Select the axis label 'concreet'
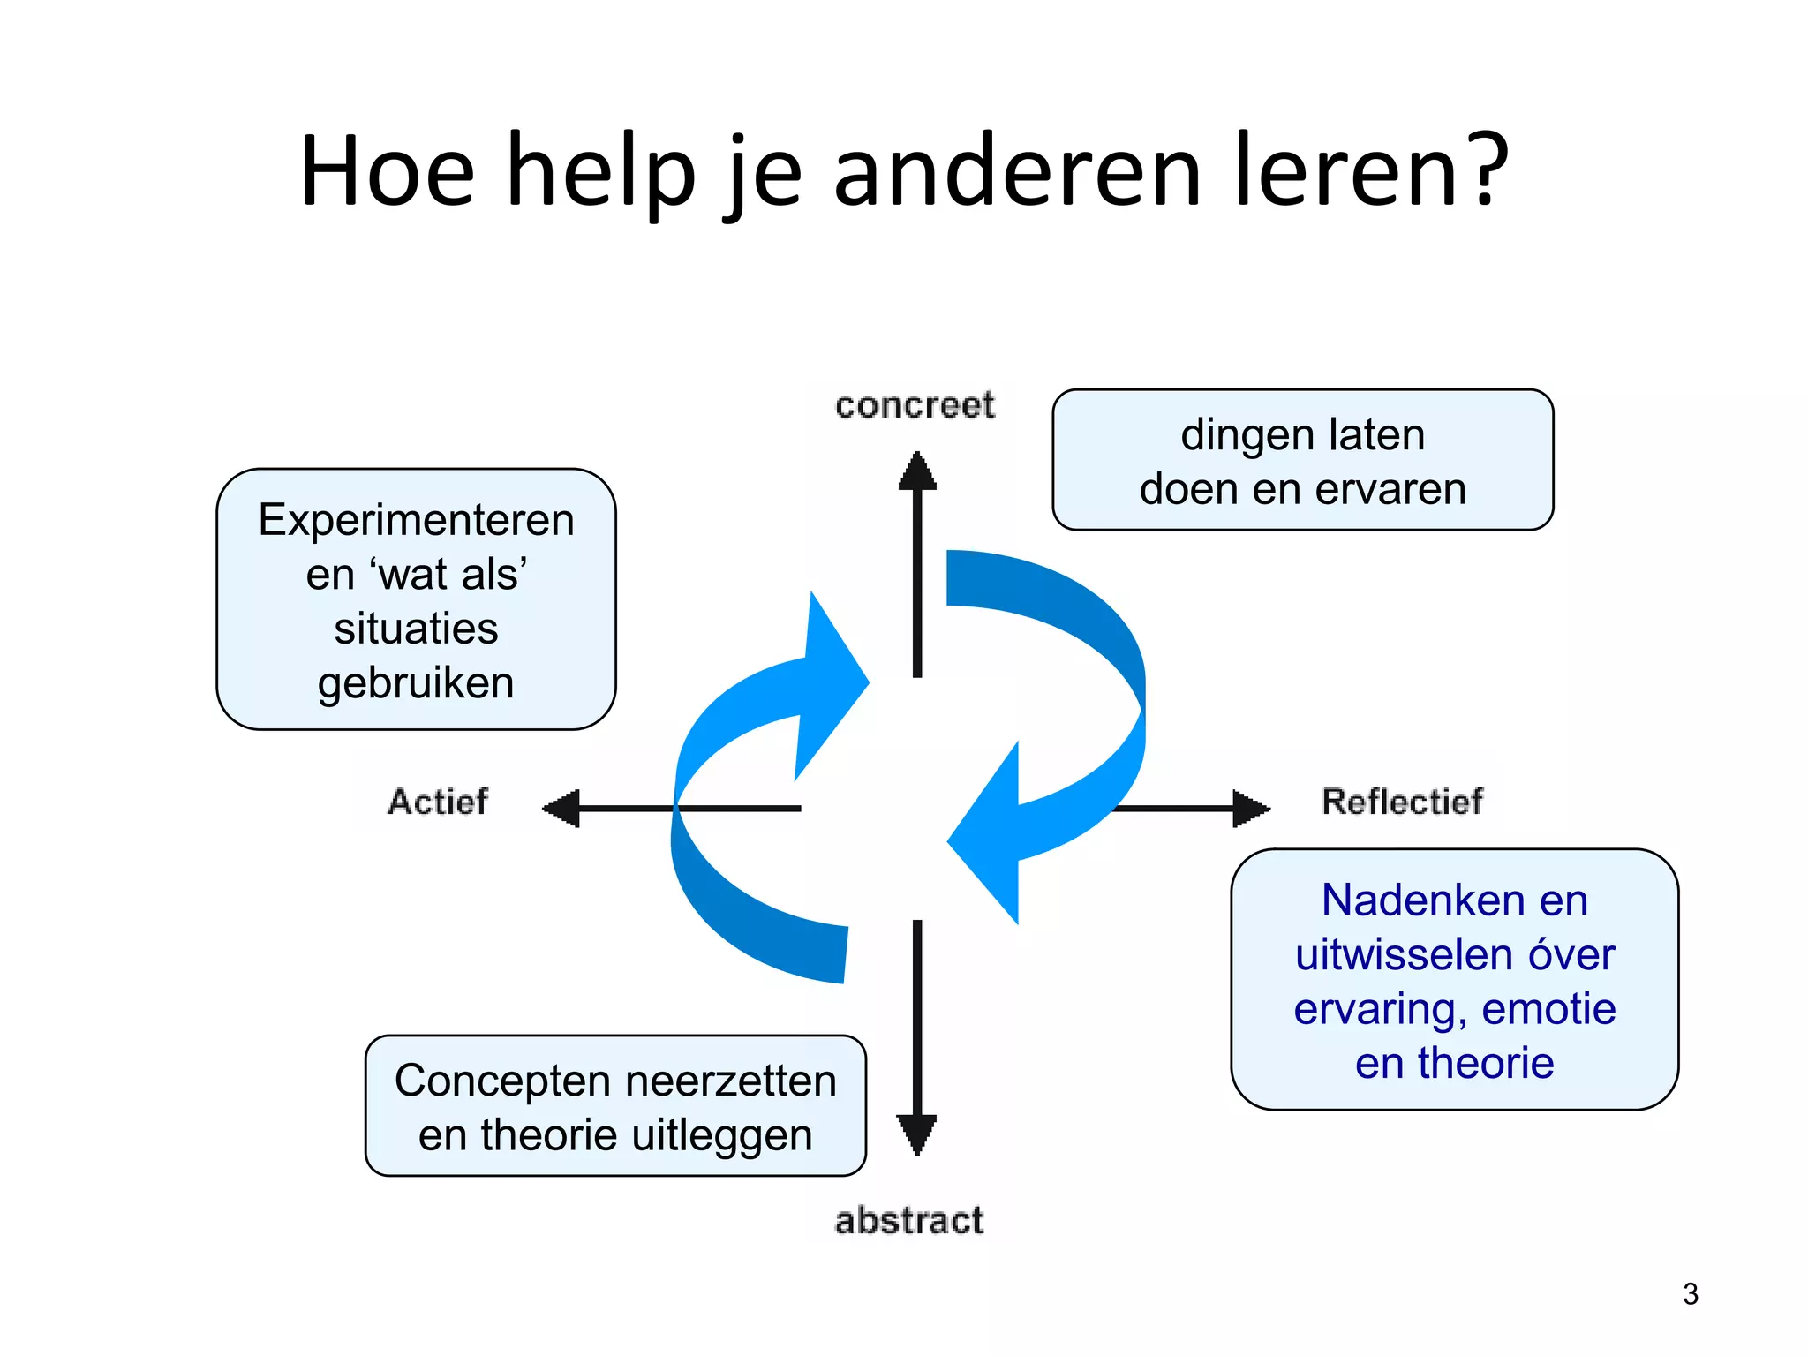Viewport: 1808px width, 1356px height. click(x=915, y=405)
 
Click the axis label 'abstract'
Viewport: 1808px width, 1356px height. click(x=909, y=1221)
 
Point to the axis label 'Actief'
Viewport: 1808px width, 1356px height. click(x=438, y=802)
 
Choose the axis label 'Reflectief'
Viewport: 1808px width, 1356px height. click(x=1402, y=802)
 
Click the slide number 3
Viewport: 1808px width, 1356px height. click(x=1690, y=1294)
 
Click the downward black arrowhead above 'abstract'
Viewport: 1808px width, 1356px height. click(x=917, y=1134)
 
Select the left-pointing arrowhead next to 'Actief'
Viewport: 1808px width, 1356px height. click(x=562, y=808)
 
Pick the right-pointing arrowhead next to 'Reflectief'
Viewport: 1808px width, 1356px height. click(x=1250, y=808)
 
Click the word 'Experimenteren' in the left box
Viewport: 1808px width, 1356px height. click(x=416, y=520)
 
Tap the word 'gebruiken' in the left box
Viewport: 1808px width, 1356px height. click(x=416, y=683)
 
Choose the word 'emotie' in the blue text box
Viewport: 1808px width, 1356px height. click(x=1548, y=1009)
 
